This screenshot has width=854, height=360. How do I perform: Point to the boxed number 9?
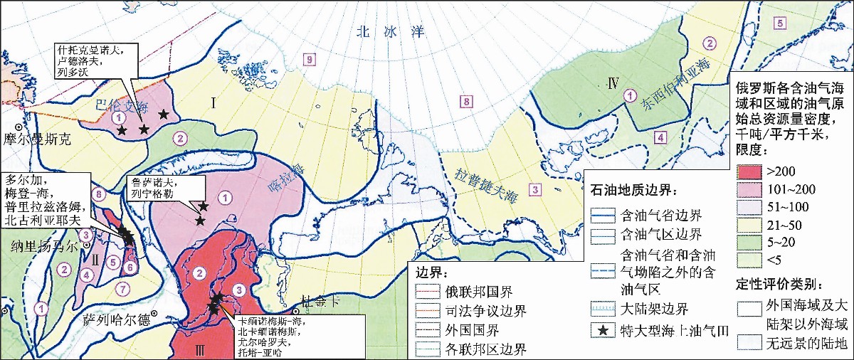point(308,60)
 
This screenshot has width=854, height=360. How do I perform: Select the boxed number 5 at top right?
point(780,23)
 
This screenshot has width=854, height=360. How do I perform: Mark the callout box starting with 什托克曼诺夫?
point(90,62)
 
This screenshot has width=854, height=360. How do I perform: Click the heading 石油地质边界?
point(635,191)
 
